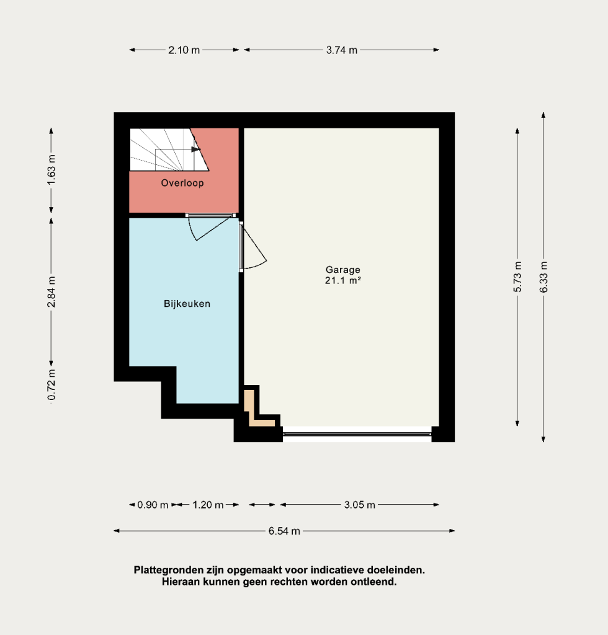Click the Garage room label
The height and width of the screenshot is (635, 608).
[x=342, y=270]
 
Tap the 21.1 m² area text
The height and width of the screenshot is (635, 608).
[x=342, y=280]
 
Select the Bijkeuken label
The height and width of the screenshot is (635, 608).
[x=187, y=304]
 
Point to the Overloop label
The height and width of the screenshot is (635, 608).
[x=182, y=183]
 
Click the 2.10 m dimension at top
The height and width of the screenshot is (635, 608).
[x=184, y=50]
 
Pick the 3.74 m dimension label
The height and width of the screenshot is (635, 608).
[x=341, y=50]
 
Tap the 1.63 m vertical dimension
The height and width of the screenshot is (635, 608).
[x=51, y=170]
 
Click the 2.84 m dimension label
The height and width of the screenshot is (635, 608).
[x=51, y=291]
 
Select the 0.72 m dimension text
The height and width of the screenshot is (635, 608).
[x=51, y=384]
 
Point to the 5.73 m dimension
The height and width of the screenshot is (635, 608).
[x=517, y=277]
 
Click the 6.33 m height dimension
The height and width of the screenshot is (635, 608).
[x=543, y=277]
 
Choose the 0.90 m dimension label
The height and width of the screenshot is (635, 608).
[x=153, y=505]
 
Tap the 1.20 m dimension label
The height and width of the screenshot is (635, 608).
[x=208, y=505]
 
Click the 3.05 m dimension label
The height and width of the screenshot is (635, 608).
[x=360, y=505]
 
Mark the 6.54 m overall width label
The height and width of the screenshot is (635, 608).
[x=284, y=531]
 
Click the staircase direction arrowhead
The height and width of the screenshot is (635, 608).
[x=196, y=149]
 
